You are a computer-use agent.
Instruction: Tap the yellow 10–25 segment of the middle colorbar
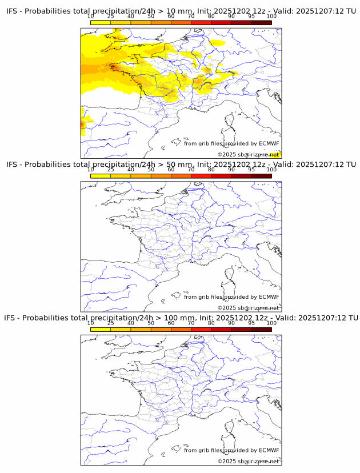click(x=101, y=176)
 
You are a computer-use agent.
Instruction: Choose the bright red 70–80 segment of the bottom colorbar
click(x=201, y=329)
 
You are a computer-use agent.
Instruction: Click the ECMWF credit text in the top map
click(x=231, y=143)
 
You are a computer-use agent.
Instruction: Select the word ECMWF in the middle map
click(x=269, y=296)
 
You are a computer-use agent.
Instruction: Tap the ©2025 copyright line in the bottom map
click(x=248, y=461)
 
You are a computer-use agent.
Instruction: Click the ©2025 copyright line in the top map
click(x=248, y=154)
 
